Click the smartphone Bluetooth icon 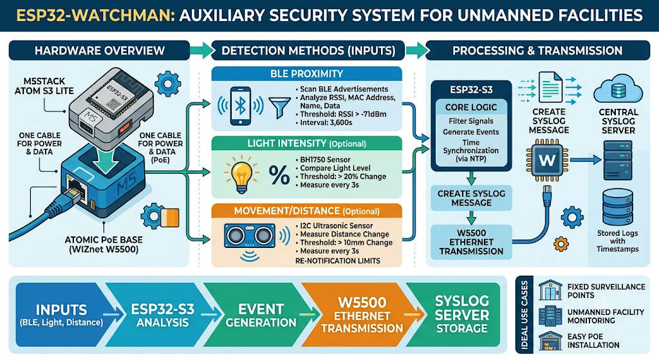[240, 106]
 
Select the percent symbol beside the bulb [279, 175]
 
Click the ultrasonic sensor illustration [250, 235]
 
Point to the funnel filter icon [279, 108]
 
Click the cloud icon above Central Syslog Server [618, 89]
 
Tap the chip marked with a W [547, 160]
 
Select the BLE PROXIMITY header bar [306, 73]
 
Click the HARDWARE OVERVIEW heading [100, 51]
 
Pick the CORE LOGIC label [470, 108]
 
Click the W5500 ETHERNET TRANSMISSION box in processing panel [471, 242]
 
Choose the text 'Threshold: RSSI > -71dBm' [343, 114]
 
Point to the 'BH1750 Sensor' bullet [325, 160]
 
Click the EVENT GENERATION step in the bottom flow [261, 316]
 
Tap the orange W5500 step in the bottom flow [362, 316]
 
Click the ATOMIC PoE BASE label [104, 245]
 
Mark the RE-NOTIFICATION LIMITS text [337, 261]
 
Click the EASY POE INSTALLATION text [593, 341]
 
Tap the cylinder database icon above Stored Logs [617, 207]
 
